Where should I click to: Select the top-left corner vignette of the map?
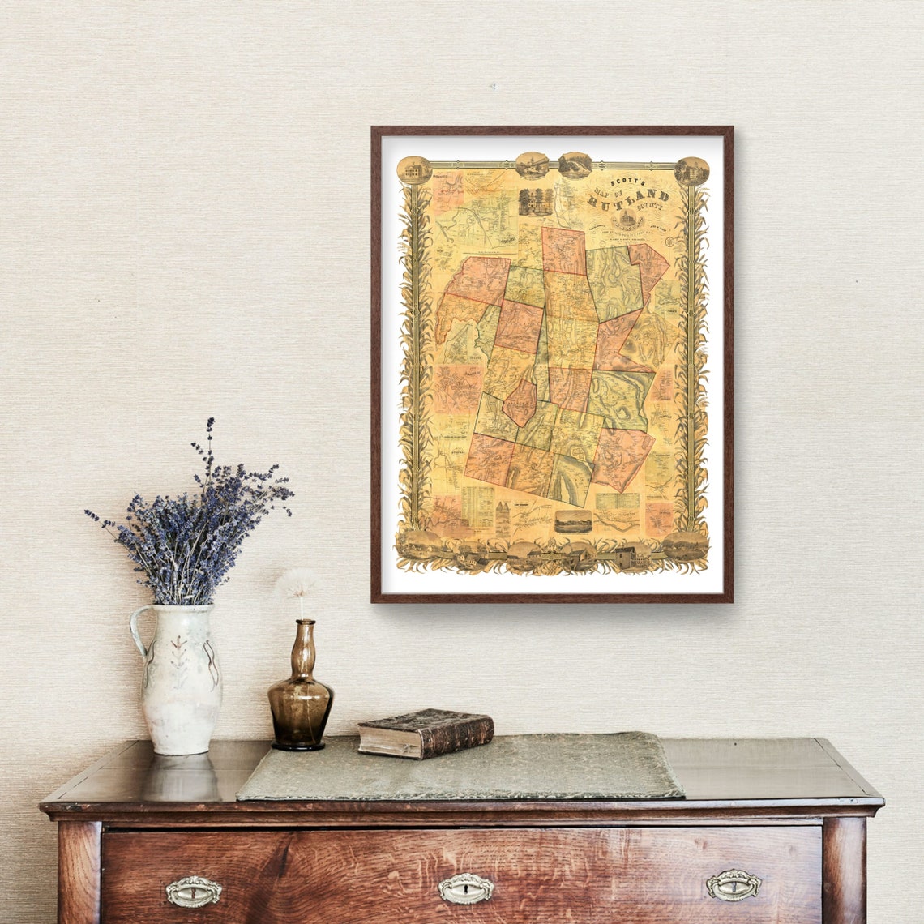pos(413,169)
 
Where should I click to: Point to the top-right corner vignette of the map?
pos(691,170)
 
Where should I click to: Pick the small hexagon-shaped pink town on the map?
pos(519,403)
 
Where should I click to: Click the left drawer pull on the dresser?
pos(194,891)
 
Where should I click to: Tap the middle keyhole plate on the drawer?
pos(465,888)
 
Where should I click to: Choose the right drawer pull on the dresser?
pos(733,884)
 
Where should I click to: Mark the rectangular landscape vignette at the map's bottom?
pos(572,521)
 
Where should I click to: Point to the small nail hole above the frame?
pos(492,86)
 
